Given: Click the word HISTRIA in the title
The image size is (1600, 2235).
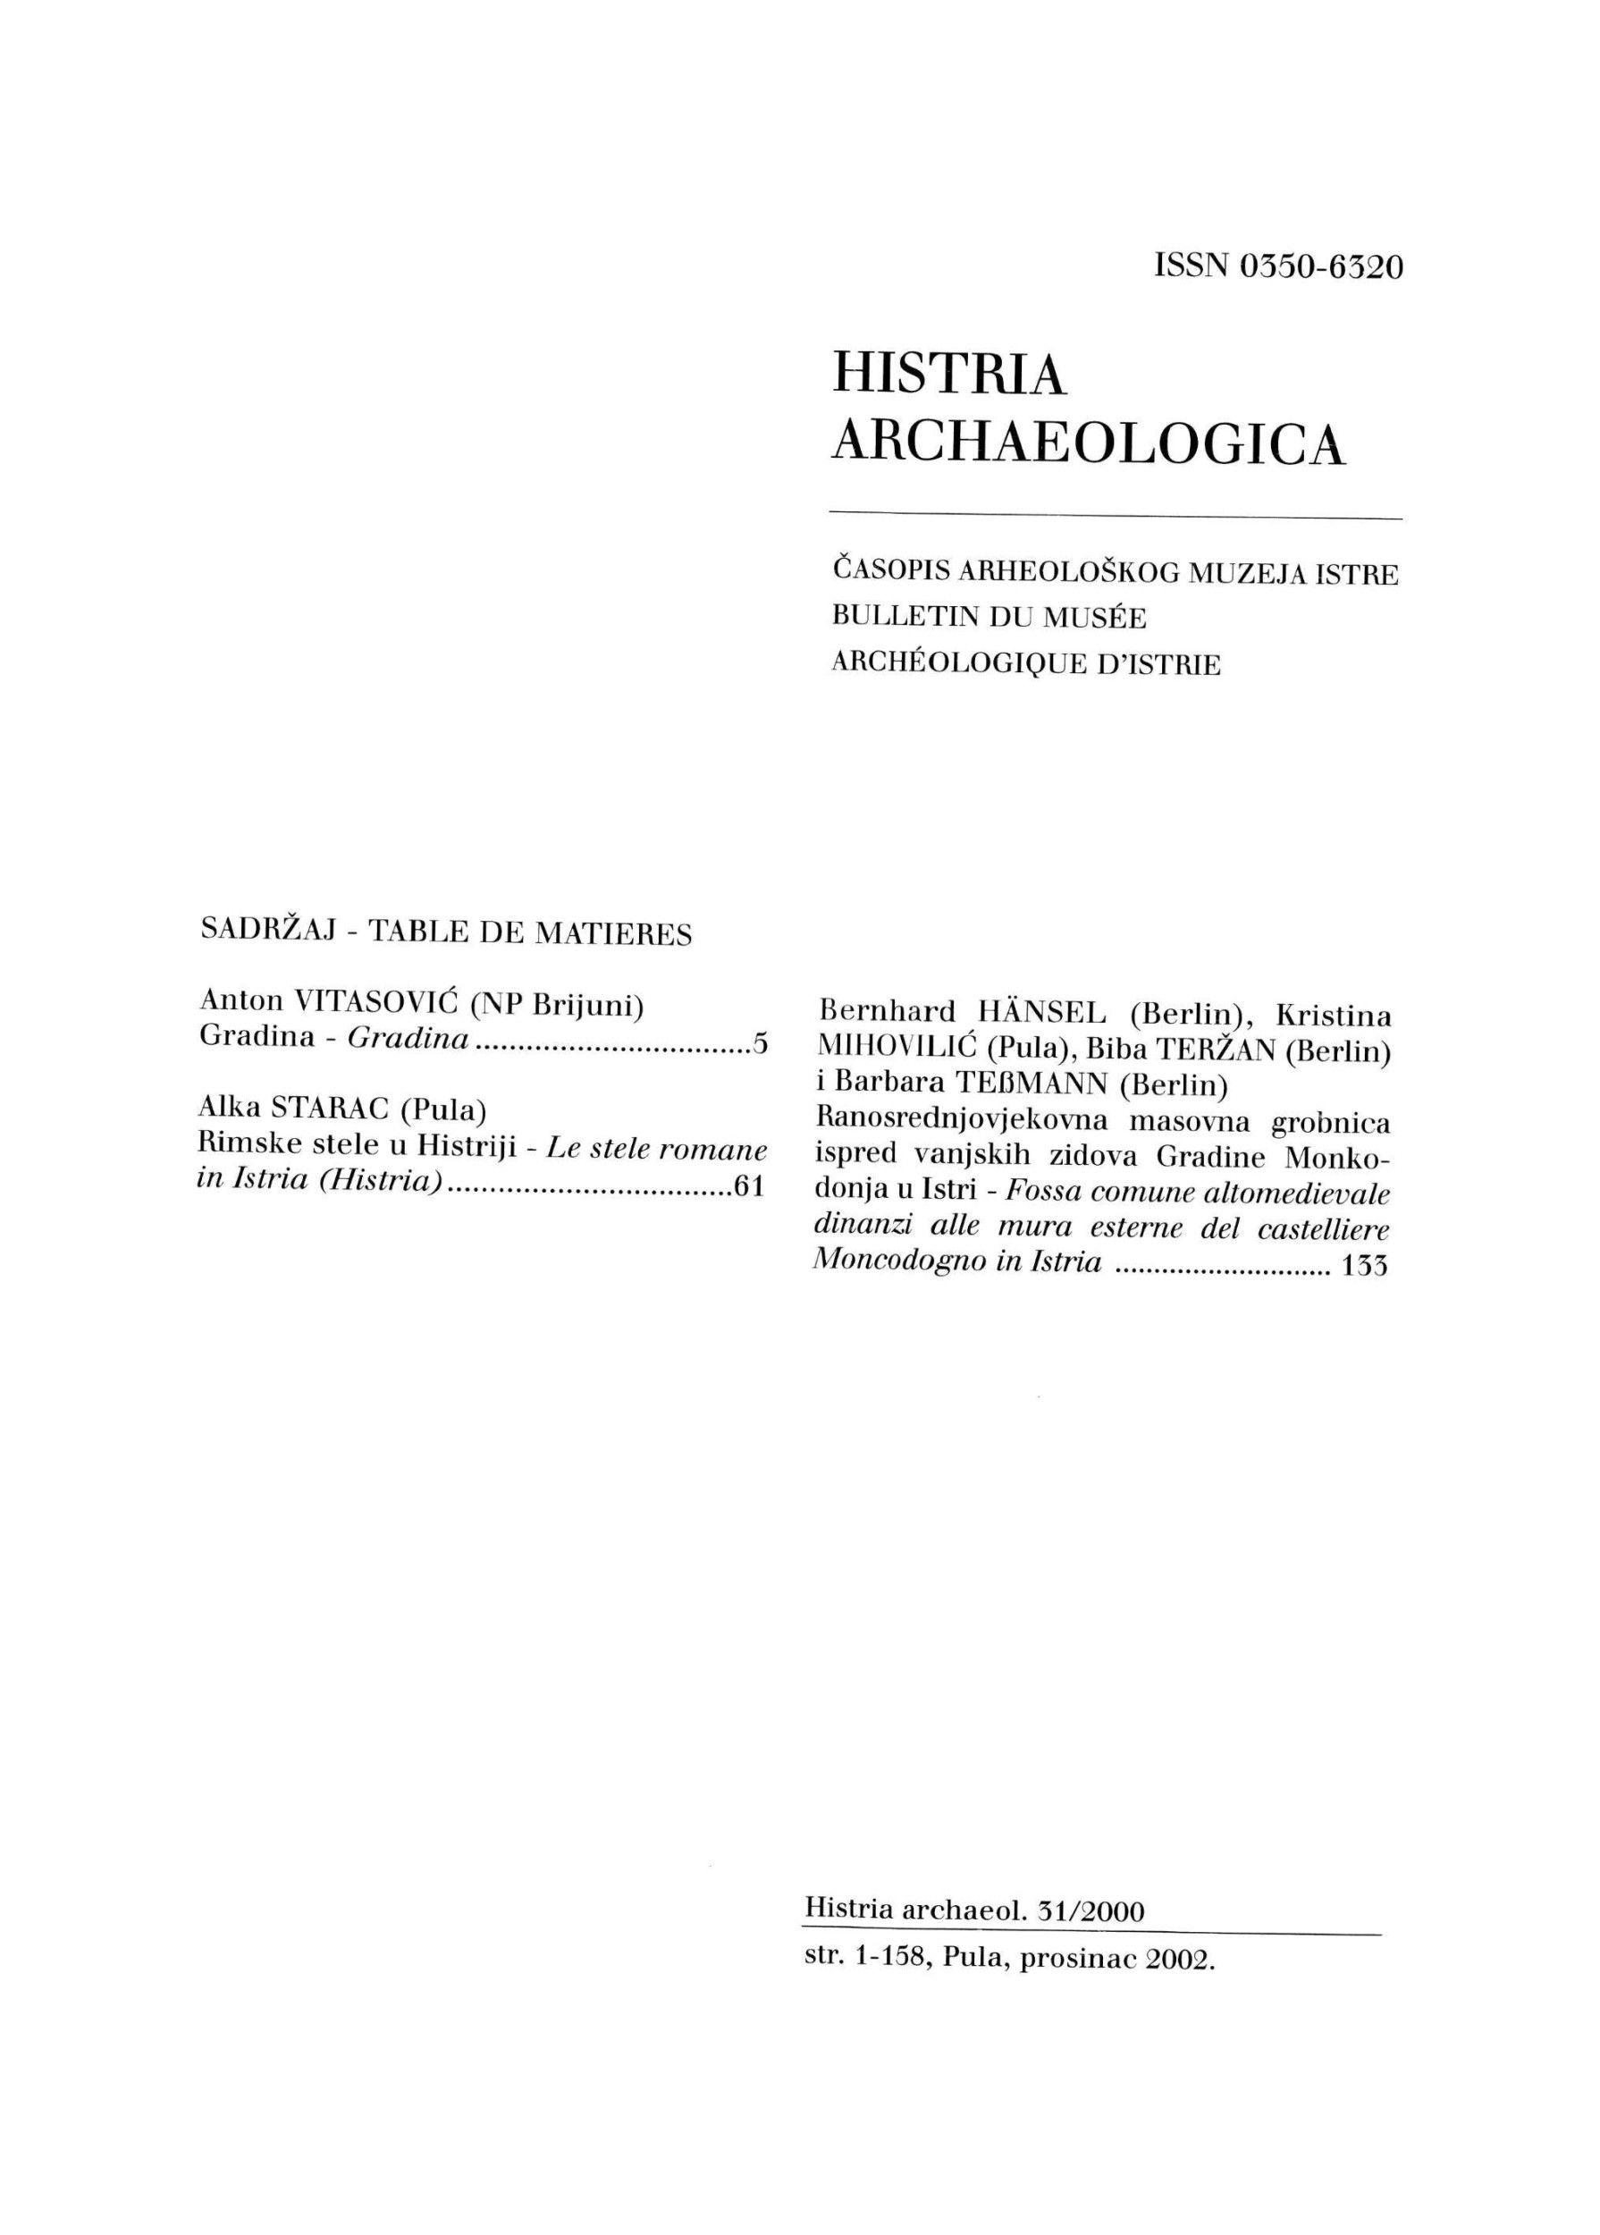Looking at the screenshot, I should [948, 375].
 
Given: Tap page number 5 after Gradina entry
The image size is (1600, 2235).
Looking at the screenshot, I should [759, 1043].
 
